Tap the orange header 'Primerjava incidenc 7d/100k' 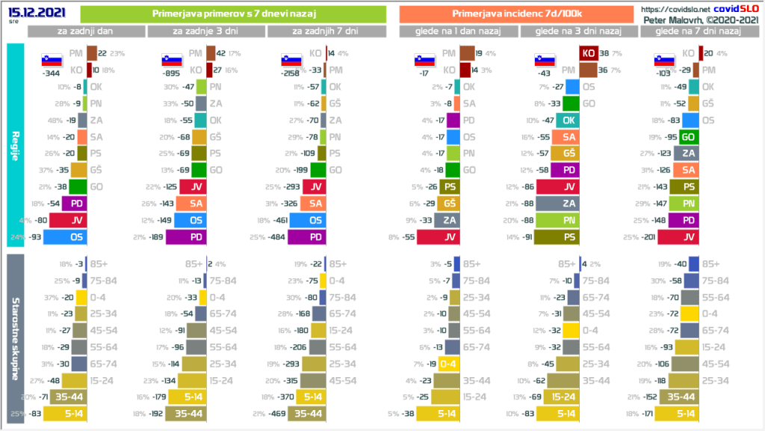[x=516, y=14]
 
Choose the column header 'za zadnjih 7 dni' [x=326, y=31]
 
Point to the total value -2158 [x=292, y=75]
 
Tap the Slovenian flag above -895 [x=171, y=60]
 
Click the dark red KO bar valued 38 [x=588, y=53]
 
